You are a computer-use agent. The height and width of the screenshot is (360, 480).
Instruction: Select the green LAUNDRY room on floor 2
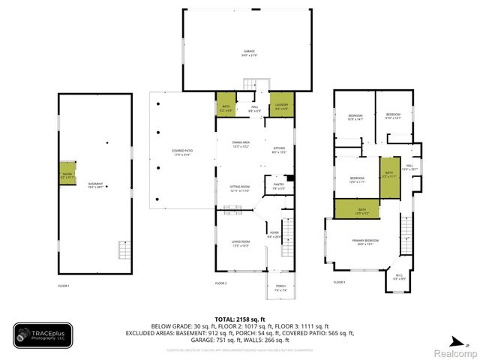[x=282, y=106]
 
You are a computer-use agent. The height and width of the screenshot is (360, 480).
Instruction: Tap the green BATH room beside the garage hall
[x=226, y=106]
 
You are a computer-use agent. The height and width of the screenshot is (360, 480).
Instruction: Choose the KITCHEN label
[x=280, y=149]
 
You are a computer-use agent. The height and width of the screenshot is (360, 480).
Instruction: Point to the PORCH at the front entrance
[x=280, y=287]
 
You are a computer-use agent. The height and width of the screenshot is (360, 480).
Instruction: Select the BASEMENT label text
[x=95, y=185]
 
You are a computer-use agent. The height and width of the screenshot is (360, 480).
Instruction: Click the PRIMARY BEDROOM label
[x=367, y=241]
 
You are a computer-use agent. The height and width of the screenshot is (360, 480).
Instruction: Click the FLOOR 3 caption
[x=339, y=282]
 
